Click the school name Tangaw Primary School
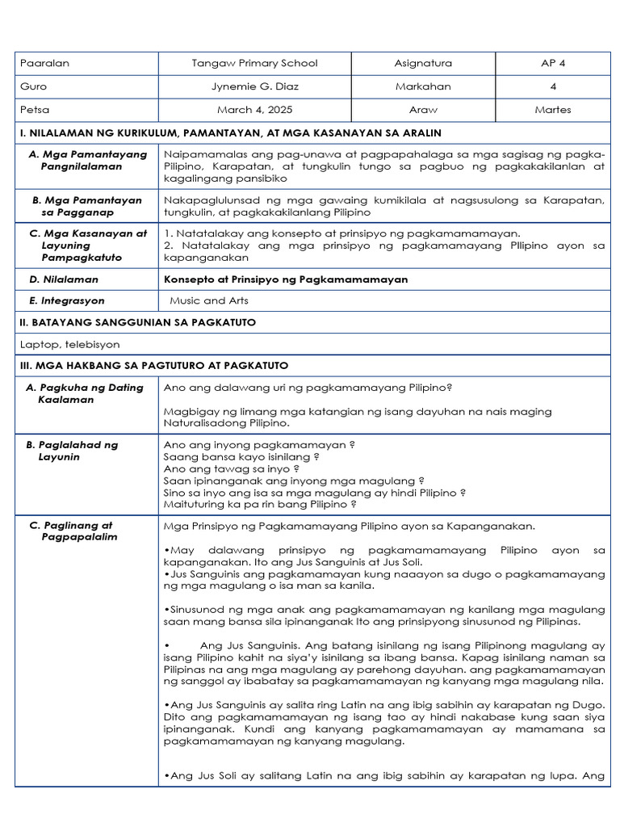(254, 63)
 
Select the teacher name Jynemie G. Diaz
(254, 86)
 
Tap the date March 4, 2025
(254, 110)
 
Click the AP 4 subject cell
(552, 63)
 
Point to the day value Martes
(552, 110)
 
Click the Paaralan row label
(45, 63)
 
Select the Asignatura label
(423, 63)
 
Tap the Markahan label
(423, 86)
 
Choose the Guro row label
(34, 86)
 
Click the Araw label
(423, 110)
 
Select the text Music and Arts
(209, 300)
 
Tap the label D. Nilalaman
(64, 279)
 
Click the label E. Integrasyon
(67, 300)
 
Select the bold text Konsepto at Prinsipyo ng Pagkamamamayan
(286, 279)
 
